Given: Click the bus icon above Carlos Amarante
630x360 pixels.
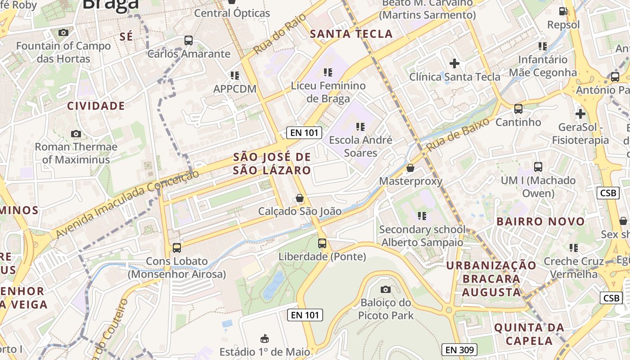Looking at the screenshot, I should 189,40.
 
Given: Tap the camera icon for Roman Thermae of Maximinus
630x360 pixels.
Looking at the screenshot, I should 76,134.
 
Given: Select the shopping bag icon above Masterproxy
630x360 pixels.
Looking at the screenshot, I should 410,168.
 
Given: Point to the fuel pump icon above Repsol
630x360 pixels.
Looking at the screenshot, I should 563,11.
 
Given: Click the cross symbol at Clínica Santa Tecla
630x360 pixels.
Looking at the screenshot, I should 454,63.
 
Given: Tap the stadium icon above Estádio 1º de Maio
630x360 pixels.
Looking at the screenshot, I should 265,338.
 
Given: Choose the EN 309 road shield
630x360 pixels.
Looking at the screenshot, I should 459,350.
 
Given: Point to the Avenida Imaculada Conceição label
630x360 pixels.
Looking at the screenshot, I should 127,204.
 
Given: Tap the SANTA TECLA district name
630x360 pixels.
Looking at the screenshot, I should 351,34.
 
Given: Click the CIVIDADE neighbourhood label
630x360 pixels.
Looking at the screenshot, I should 96,106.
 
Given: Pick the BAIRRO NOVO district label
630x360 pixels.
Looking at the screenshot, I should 540,221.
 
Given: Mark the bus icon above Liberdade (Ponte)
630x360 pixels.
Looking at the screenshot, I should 322,243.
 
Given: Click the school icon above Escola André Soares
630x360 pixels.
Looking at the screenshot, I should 360,127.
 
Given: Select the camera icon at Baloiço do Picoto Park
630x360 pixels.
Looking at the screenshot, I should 386,289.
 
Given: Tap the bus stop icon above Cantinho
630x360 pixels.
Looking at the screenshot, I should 518,108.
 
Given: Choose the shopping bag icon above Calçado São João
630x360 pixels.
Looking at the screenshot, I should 300,198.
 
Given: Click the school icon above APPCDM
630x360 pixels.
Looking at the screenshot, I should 234,76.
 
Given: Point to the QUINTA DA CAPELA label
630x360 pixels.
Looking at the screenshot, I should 529,334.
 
